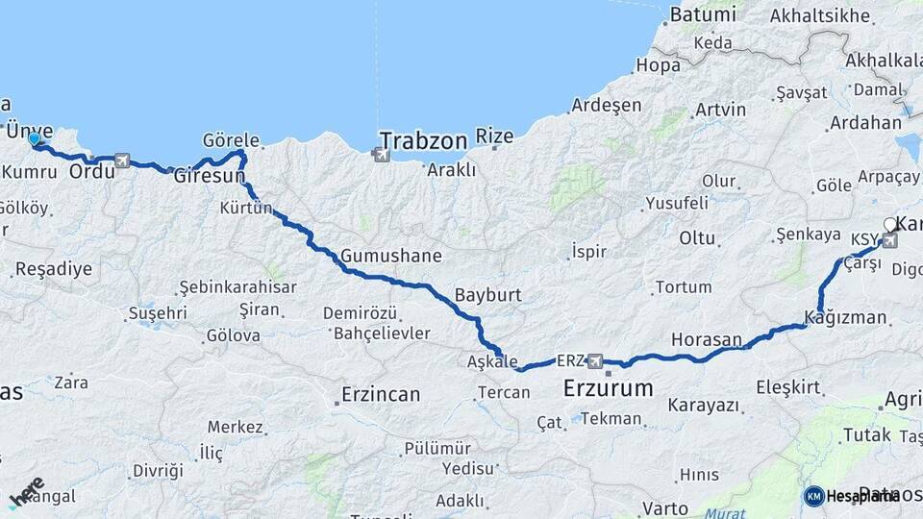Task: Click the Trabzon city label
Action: point(423,140)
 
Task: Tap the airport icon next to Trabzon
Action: point(382,154)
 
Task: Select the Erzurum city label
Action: point(608,389)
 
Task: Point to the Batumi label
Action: point(702,14)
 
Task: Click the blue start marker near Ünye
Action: point(35,140)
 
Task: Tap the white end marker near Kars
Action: point(890,225)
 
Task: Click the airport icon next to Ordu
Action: point(122,161)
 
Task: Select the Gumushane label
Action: point(391,256)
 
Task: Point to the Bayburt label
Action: point(487,295)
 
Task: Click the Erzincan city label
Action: point(382,394)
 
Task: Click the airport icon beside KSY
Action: point(889,239)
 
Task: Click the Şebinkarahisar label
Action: point(237,287)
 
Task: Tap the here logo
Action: point(26,491)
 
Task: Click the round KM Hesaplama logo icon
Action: point(813,496)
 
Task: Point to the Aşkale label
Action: point(492,360)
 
